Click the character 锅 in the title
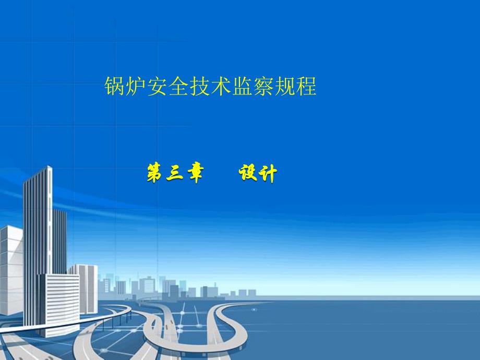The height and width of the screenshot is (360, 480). [115, 86]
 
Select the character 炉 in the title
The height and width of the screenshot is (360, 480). [137, 86]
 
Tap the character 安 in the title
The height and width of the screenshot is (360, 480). [158, 86]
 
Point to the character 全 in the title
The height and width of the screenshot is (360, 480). [179, 86]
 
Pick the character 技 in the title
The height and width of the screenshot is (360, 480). [200, 86]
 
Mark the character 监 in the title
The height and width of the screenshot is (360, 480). [243, 86]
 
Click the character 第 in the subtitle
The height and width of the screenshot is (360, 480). [155, 173]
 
